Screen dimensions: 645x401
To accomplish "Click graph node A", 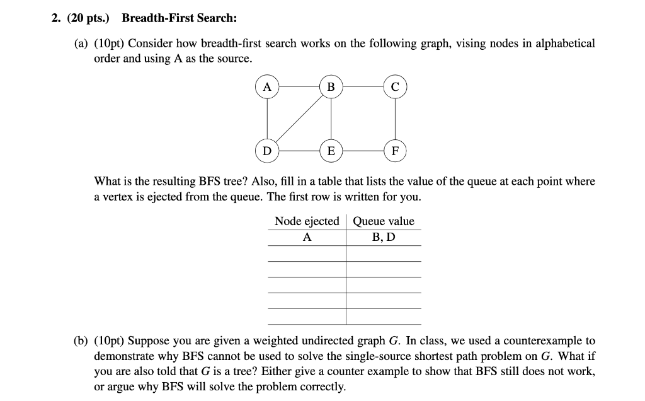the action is (x=267, y=87).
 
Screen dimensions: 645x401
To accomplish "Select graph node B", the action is (x=331, y=87).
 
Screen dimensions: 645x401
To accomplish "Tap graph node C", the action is (x=395, y=87).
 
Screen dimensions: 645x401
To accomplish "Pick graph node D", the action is (x=267, y=151).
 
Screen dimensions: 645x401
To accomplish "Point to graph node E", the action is (x=331, y=151).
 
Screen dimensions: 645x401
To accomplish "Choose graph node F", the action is (x=395, y=151).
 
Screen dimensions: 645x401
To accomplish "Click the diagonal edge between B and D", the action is (x=299, y=119).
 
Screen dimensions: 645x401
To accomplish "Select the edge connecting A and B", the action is (x=299, y=87).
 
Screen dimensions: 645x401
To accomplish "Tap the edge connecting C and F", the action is (x=395, y=119).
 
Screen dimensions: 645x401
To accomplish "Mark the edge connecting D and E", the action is (x=299, y=151).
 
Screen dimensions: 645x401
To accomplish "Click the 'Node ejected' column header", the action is (x=307, y=221).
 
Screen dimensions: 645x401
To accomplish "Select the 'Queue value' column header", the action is (x=384, y=221).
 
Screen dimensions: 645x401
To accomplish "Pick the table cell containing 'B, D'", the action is (x=384, y=237).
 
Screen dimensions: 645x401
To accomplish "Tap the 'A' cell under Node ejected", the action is (x=307, y=237).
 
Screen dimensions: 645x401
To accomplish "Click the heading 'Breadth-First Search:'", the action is (x=180, y=19).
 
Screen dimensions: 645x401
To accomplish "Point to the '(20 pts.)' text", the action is (x=88, y=19).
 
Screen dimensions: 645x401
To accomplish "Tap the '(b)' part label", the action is (x=81, y=341).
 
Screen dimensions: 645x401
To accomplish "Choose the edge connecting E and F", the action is (x=363, y=151).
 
